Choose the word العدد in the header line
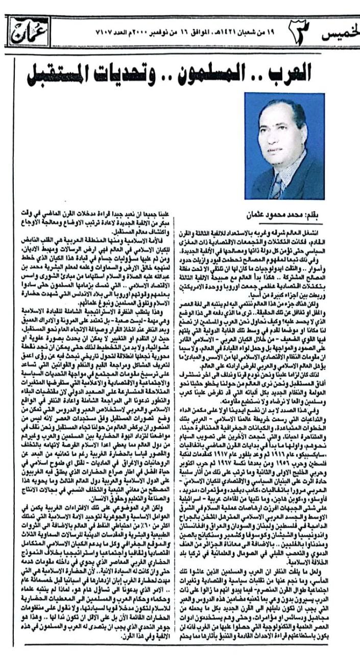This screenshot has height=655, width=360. tap(122, 32)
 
